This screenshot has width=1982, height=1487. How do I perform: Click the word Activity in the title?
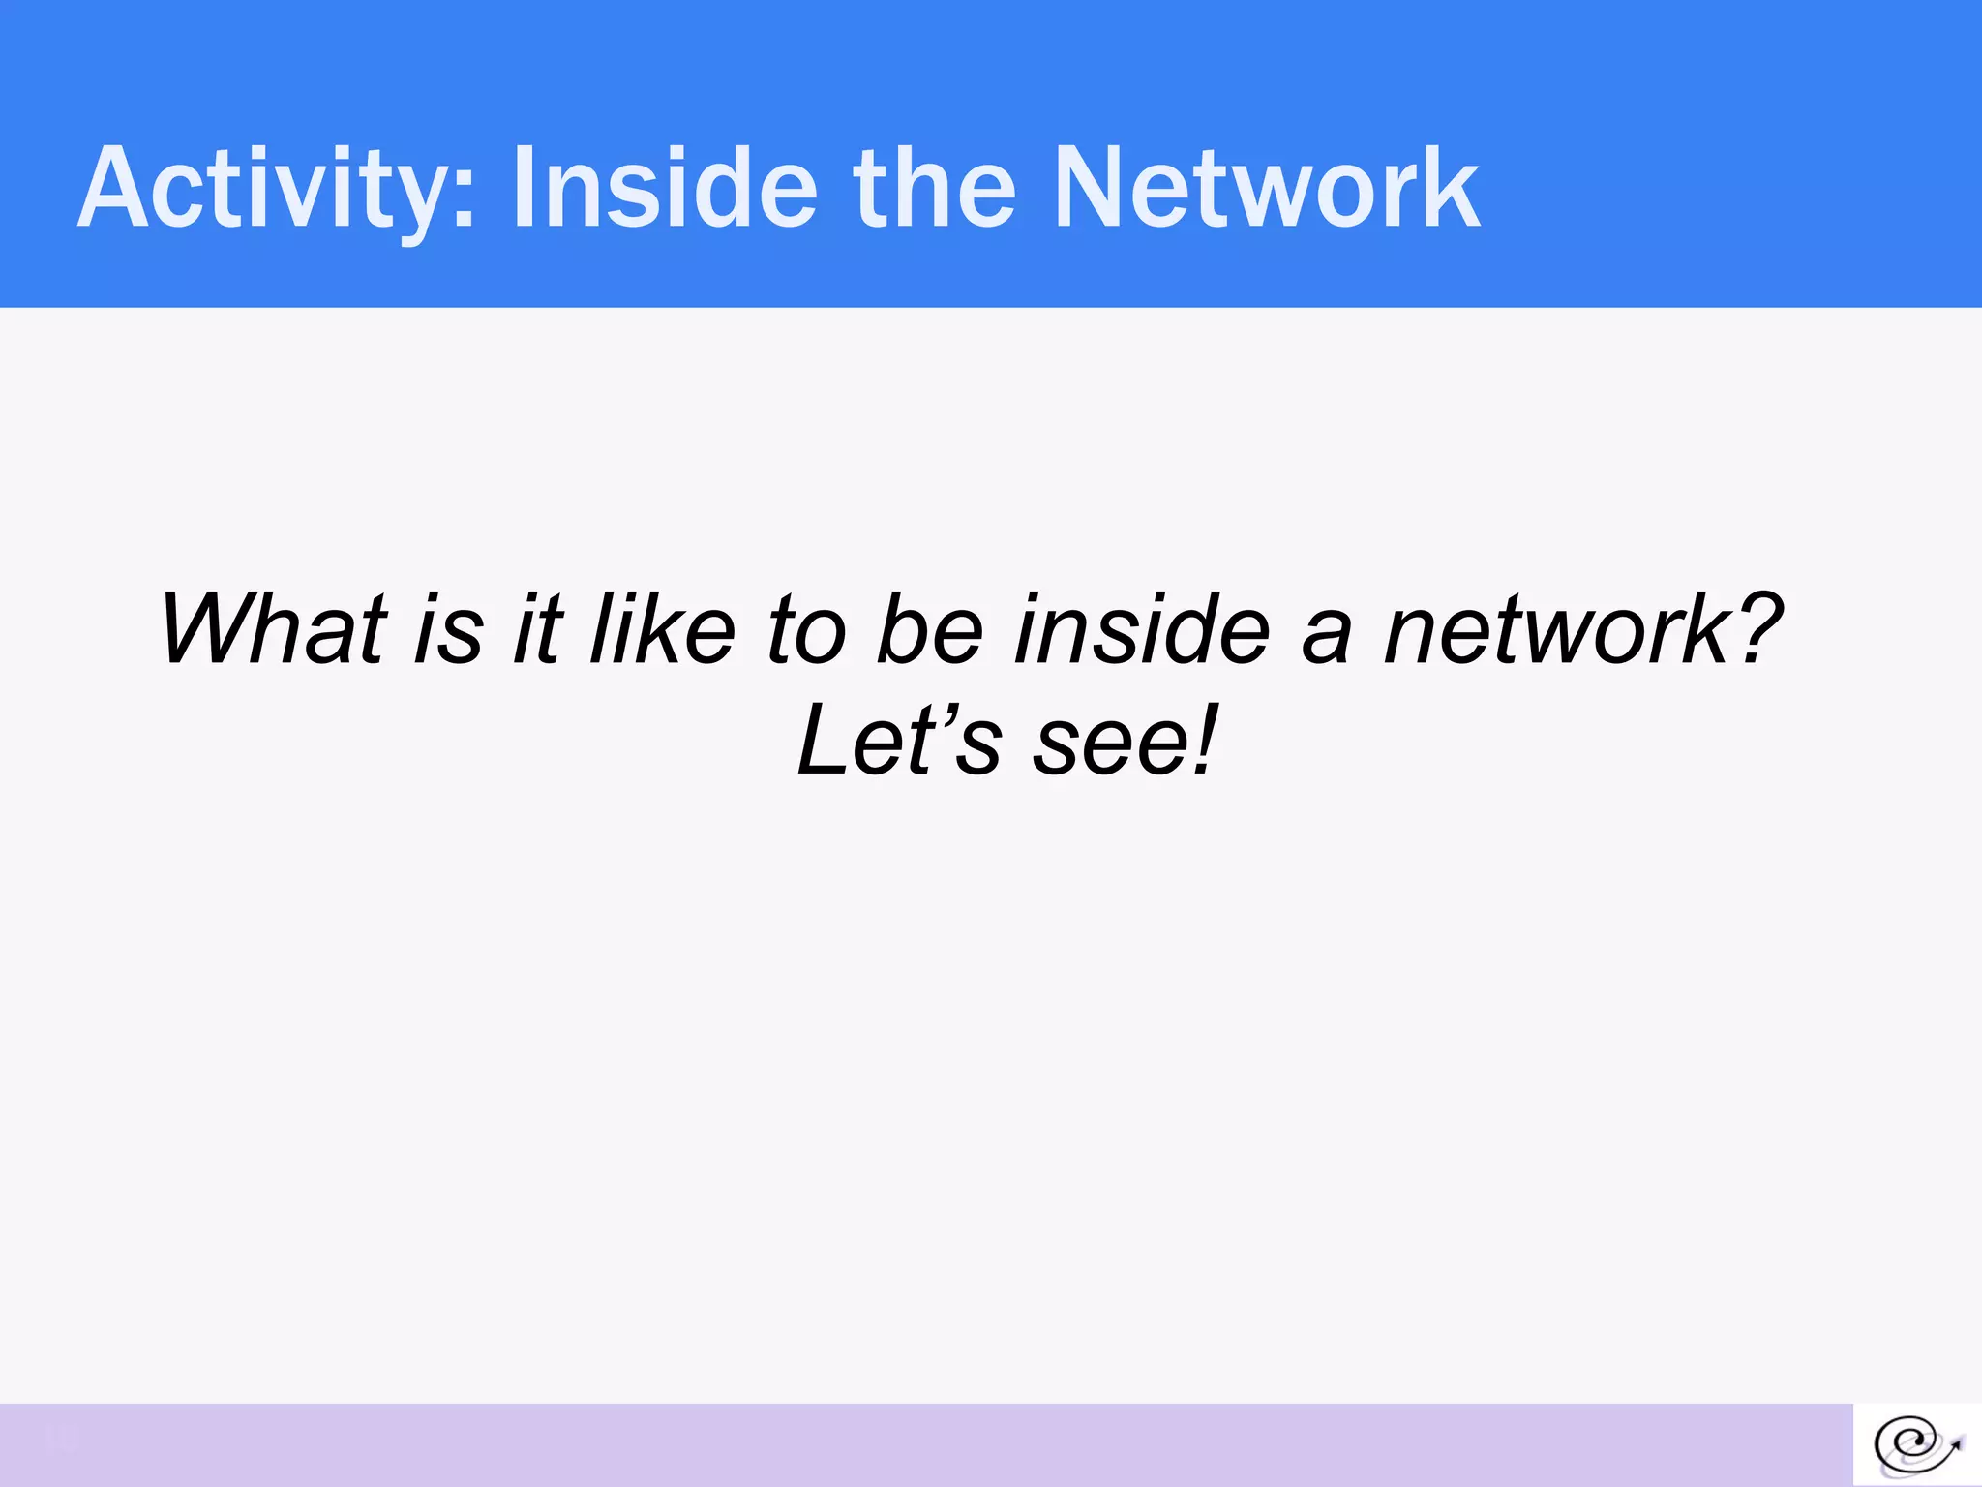point(261,189)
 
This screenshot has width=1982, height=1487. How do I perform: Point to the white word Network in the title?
point(1267,189)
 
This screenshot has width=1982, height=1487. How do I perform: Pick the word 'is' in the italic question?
point(448,631)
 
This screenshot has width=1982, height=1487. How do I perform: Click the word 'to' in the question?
point(806,631)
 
